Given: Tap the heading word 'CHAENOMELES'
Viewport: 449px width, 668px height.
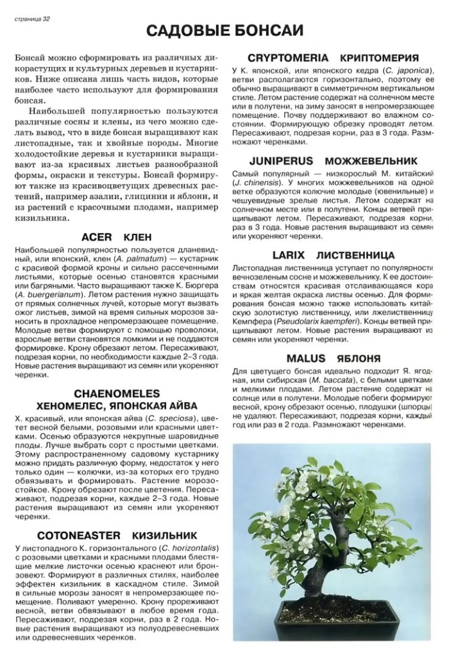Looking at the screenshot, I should pos(117,393).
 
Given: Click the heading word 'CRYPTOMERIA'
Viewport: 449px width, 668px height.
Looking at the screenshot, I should pos(289,58).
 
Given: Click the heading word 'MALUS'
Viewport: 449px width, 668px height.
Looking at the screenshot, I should pos(306,358).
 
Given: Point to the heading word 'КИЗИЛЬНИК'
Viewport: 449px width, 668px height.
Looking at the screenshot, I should pos(165,535).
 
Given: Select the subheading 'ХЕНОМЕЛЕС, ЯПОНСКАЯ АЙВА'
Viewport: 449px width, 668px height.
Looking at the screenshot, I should pos(117,405).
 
